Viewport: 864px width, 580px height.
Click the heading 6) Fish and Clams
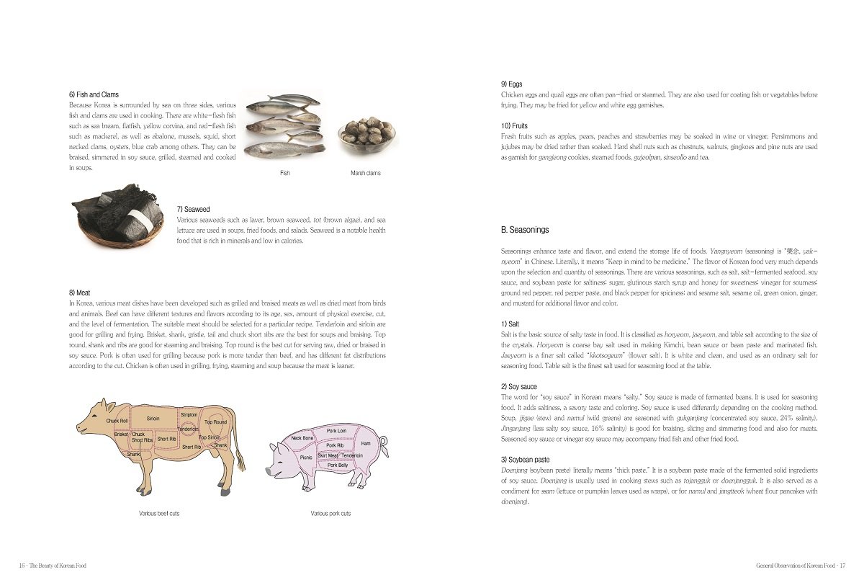[94, 94]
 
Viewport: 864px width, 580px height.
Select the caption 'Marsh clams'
[365, 173]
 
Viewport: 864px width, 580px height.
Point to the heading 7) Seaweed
[193, 209]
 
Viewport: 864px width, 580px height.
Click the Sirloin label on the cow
[153, 419]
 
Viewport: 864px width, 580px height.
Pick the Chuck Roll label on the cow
[117, 421]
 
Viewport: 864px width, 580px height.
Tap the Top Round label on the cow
[215, 422]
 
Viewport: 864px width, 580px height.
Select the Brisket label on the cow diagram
[120, 434]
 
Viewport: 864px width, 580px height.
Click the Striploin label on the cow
[189, 415]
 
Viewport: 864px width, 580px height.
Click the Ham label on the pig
[366, 444]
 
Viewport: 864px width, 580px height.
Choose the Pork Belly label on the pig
[338, 465]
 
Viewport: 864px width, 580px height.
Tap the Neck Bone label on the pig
[302, 438]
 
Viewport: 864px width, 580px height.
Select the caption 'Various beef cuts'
[159, 514]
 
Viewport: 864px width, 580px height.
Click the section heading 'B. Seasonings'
[524, 230]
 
